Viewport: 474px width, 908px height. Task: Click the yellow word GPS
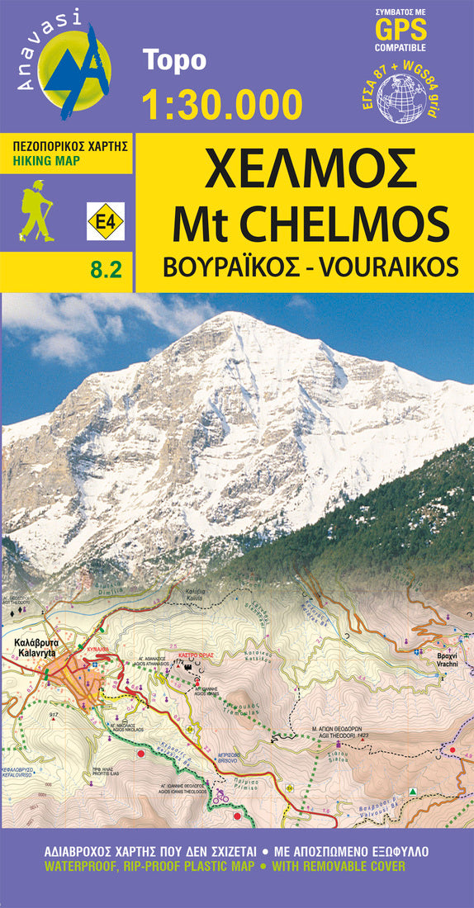click(401, 31)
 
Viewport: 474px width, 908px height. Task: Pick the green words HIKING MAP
click(47, 161)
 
